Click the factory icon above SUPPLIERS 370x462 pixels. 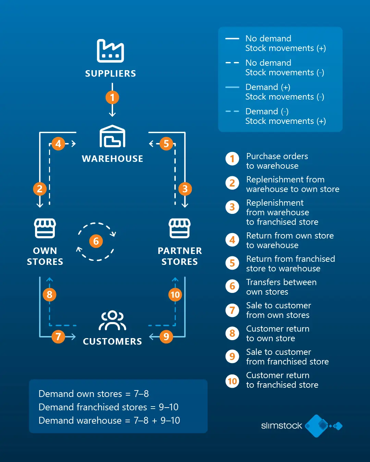click(x=110, y=51)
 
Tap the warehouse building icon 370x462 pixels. click(x=112, y=137)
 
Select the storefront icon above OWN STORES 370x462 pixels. click(x=45, y=228)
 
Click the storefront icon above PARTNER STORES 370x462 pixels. click(x=180, y=228)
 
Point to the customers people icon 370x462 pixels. click(x=112, y=321)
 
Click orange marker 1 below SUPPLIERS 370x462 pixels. click(x=112, y=98)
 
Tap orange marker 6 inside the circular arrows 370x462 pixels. click(x=96, y=241)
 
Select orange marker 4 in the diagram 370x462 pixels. click(x=58, y=144)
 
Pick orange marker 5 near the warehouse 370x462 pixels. click(x=166, y=144)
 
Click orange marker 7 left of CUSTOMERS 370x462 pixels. click(x=58, y=337)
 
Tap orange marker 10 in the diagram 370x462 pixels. click(x=175, y=295)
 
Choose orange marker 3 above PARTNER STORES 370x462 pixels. click(x=185, y=189)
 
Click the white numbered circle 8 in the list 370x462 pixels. click(x=232, y=333)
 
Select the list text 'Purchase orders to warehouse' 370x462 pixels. click(x=277, y=161)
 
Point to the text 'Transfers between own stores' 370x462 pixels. click(x=281, y=287)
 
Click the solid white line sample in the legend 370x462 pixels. click(x=232, y=39)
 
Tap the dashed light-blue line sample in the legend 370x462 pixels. click(x=232, y=112)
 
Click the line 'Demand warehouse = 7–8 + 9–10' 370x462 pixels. click(x=109, y=420)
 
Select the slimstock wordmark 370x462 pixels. click(x=282, y=426)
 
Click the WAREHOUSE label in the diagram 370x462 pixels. click(x=112, y=159)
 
